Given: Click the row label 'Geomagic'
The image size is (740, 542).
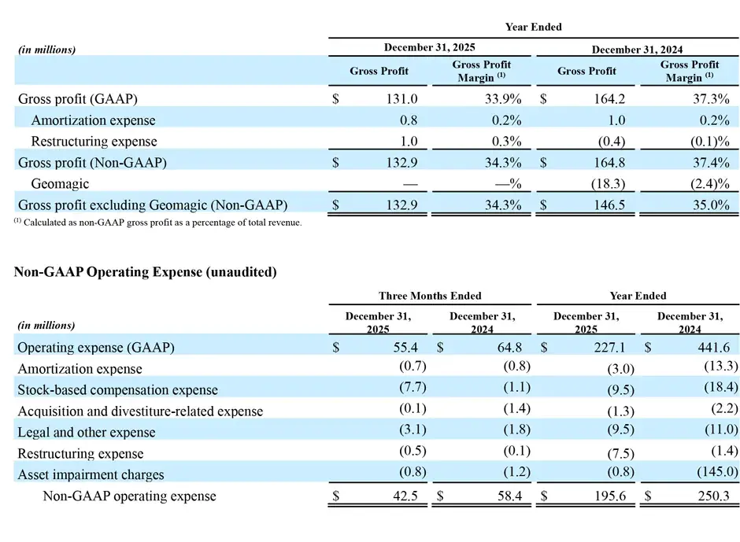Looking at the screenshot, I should (60, 184).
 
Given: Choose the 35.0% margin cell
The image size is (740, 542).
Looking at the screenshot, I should (711, 205).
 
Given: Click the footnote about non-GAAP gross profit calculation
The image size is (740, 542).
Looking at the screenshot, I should (157, 223).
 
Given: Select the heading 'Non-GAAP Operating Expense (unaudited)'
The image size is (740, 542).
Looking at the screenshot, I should (146, 272).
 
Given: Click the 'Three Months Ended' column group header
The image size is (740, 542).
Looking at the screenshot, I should (430, 296).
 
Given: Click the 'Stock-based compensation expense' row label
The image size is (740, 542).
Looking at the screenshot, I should (117, 389).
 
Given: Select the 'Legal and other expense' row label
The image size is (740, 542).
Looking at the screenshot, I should (87, 432).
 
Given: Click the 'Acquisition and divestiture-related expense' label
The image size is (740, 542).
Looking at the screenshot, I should (140, 411).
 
